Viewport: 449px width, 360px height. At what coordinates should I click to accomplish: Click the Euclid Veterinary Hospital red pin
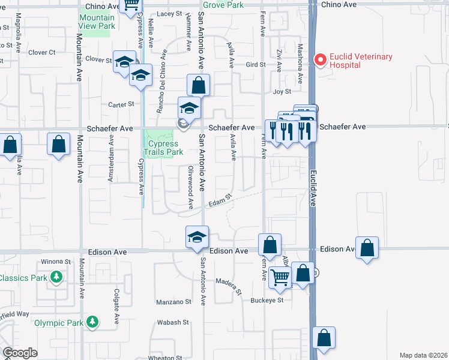click(x=321, y=60)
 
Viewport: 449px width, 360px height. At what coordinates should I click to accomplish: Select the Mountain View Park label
click(x=97, y=22)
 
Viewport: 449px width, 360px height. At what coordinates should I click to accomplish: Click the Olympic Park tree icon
click(x=92, y=322)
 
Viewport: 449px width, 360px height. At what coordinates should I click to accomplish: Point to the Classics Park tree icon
click(x=56, y=277)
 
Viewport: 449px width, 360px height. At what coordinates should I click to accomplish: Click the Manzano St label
click(x=173, y=302)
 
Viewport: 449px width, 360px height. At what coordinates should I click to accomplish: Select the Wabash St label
click(x=173, y=322)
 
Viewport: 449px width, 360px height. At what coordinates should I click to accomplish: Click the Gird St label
click(x=256, y=64)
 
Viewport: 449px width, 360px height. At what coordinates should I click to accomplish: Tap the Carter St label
click(x=121, y=104)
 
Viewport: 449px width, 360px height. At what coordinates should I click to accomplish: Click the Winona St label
click(x=56, y=262)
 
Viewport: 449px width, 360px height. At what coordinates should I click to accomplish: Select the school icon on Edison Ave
click(x=197, y=237)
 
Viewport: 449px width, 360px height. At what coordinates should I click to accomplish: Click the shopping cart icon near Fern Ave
click(x=280, y=277)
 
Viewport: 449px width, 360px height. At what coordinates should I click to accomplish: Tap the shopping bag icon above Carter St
click(x=197, y=85)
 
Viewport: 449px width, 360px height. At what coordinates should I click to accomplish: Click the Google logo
click(x=20, y=353)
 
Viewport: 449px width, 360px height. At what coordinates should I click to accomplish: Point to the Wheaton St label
click(x=161, y=358)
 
